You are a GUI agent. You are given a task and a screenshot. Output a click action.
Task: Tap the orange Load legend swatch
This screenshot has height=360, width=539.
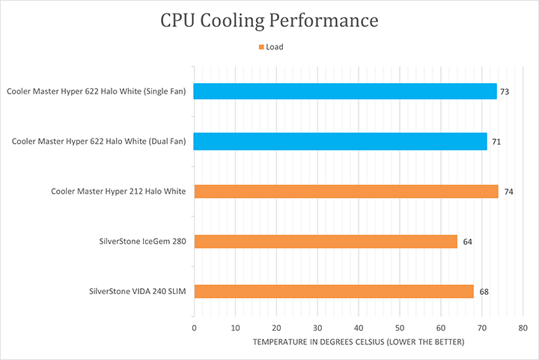(261, 47)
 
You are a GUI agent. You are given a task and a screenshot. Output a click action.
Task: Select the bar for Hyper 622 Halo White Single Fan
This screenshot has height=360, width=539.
(345, 91)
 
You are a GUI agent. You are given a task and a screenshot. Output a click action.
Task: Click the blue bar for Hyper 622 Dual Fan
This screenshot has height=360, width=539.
(340, 141)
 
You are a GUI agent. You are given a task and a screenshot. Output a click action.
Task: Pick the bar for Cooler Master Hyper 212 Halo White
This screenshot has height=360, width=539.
(346, 192)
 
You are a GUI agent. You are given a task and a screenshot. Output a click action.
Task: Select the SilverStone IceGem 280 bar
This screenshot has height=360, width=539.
(325, 241)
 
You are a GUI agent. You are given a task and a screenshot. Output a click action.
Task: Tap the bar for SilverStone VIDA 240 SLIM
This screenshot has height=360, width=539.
(333, 291)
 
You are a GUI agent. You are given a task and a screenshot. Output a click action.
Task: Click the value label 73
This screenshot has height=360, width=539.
(505, 91)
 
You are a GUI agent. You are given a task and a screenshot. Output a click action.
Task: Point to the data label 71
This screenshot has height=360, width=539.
(495, 141)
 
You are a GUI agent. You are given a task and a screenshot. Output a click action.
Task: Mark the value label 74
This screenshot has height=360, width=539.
(508, 192)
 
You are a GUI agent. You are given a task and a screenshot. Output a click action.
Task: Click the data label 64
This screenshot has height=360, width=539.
(467, 241)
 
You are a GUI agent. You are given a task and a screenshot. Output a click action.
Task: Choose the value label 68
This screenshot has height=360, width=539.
(484, 291)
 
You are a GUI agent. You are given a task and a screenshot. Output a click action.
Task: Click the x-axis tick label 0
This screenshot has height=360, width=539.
(195, 328)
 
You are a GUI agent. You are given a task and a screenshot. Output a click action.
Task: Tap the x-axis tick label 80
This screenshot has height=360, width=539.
(523, 328)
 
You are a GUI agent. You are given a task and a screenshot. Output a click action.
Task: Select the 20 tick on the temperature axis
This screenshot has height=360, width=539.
(276, 328)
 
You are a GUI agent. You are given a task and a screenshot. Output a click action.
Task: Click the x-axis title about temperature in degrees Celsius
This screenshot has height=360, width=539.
(359, 343)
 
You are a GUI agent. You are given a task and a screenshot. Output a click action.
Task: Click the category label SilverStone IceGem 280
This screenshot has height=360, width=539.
(142, 241)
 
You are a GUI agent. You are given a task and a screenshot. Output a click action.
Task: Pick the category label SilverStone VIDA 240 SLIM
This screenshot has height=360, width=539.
(136, 291)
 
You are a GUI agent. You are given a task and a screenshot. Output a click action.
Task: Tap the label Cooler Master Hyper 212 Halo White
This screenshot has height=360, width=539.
(118, 192)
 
